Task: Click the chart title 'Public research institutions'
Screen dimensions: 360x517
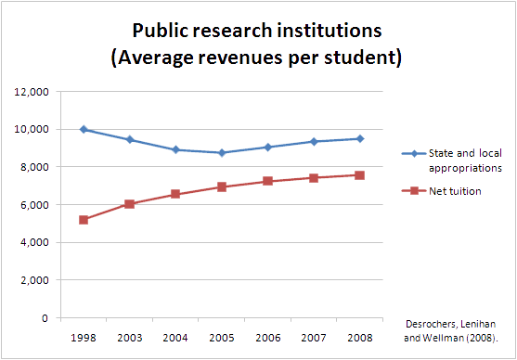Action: [x=258, y=30]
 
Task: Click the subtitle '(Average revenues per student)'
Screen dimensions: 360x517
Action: [x=258, y=57]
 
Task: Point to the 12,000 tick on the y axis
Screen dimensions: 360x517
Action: [x=34, y=92]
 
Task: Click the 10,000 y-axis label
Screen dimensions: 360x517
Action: [x=34, y=129]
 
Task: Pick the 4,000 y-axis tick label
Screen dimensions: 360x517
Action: [x=37, y=242]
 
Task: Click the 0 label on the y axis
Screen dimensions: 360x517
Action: [x=46, y=318]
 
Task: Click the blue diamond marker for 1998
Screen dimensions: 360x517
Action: [x=84, y=129]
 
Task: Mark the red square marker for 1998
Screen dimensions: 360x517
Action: [x=84, y=220]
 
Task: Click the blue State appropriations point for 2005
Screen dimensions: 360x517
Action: [x=221, y=153]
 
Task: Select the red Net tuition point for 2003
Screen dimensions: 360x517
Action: [x=130, y=203]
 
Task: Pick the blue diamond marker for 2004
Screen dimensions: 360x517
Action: [x=175, y=149]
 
